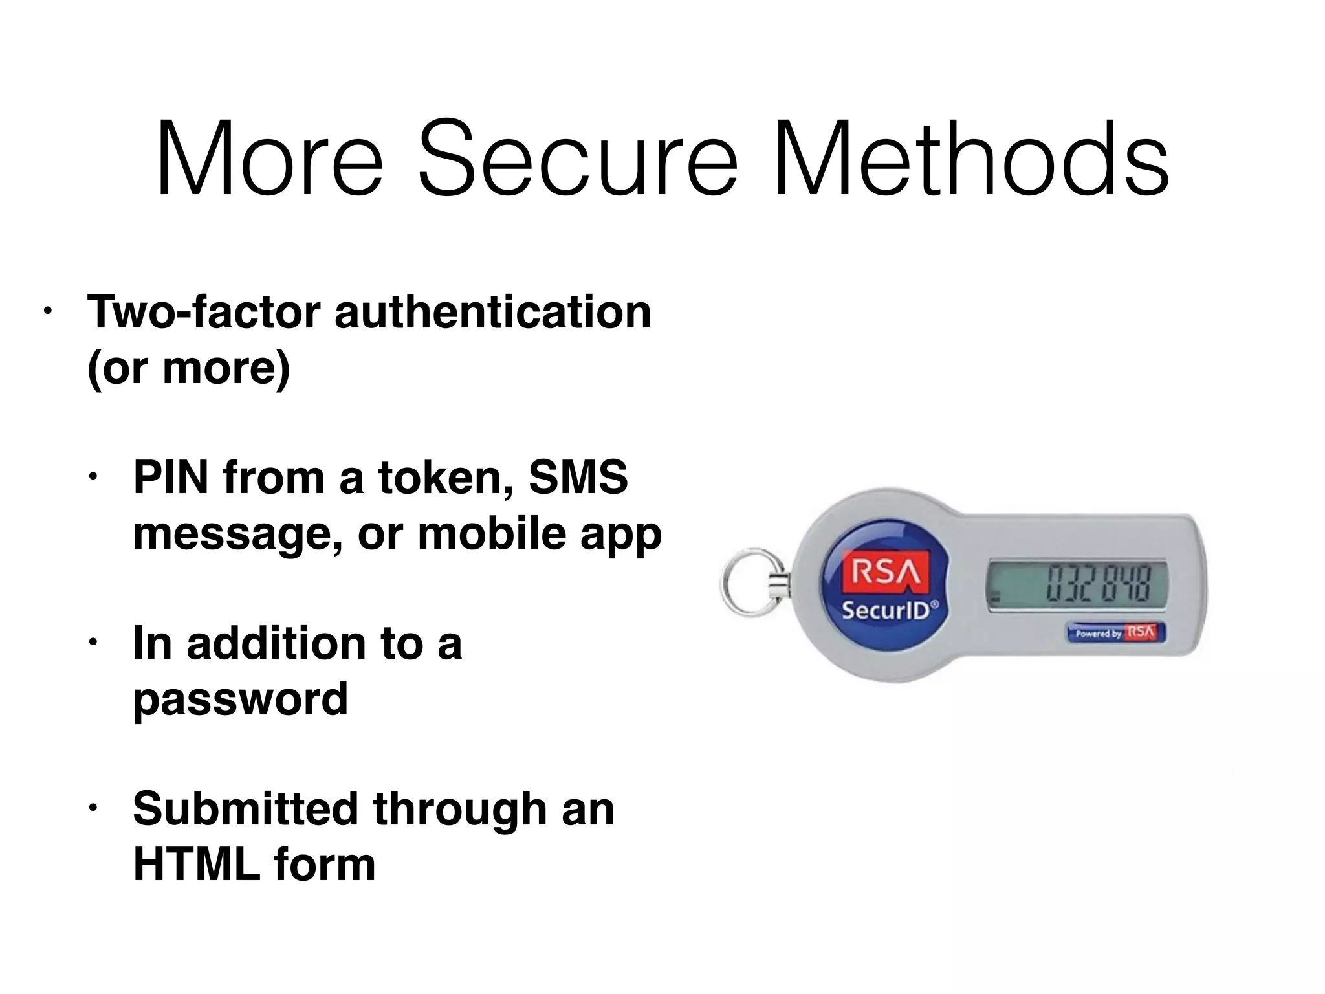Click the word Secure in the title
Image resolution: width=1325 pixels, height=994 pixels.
(x=578, y=159)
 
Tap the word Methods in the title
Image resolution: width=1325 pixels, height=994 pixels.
(x=970, y=159)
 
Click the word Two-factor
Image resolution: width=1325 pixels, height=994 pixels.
(x=204, y=312)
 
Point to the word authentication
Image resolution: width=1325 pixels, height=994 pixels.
(x=493, y=312)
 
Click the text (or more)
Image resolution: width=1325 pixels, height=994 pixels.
(x=189, y=368)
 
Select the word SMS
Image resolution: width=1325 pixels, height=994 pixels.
(x=578, y=478)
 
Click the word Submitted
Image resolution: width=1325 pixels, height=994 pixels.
(x=246, y=809)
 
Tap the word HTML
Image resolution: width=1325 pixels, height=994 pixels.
(x=196, y=865)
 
